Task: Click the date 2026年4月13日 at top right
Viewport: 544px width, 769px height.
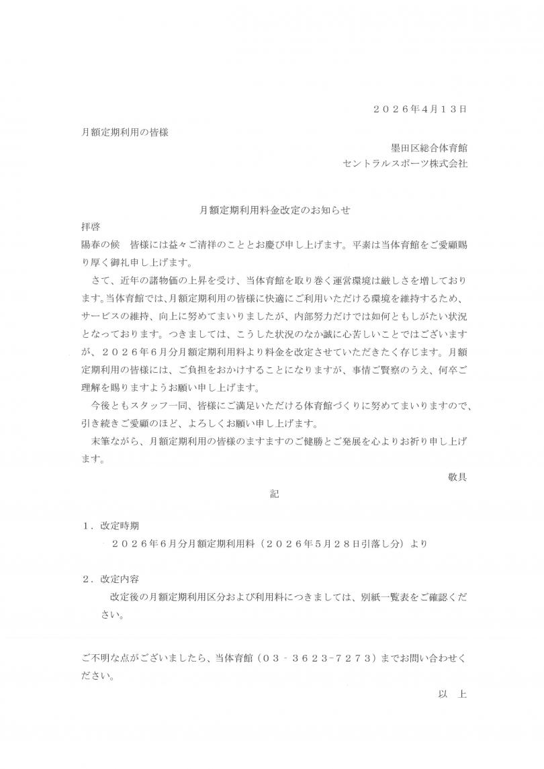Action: tap(419, 109)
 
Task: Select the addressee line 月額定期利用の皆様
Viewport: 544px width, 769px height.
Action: tap(124, 132)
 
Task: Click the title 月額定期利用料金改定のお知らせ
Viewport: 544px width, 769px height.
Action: tap(275, 210)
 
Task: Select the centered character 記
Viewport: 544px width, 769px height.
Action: tap(274, 494)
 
